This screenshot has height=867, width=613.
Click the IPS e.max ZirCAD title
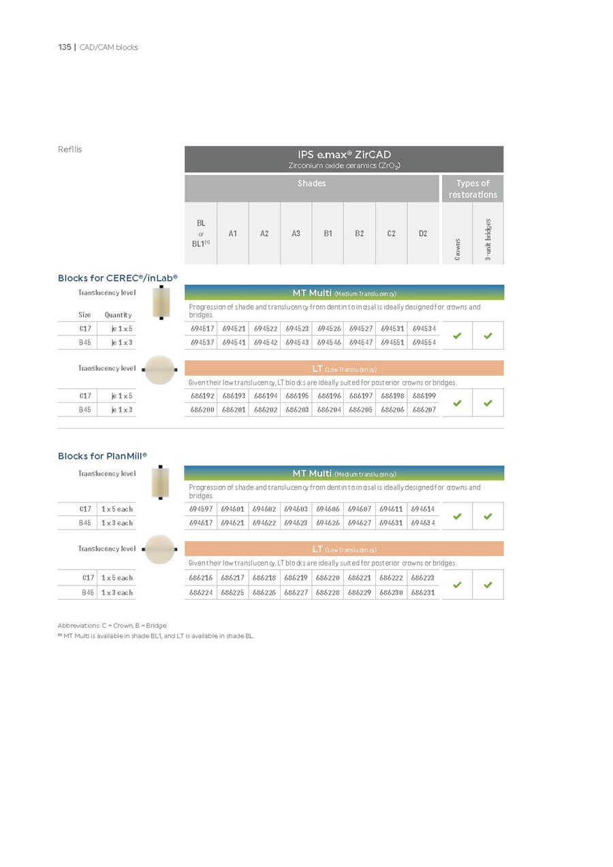point(344,155)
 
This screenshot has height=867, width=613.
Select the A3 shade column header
point(296,233)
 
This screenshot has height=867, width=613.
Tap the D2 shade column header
point(423,233)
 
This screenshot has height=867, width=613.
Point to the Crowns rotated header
point(457,249)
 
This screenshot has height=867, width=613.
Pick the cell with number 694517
point(201,329)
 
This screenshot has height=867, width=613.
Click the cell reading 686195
point(296,395)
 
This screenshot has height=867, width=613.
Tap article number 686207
point(423,410)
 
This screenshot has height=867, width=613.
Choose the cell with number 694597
point(201,509)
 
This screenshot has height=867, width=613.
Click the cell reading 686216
point(201,577)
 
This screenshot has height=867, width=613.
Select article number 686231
point(423,592)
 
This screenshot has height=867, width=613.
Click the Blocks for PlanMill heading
point(102,456)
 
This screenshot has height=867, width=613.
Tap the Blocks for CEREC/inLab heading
point(117,278)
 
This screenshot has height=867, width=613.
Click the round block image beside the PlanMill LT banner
point(160,549)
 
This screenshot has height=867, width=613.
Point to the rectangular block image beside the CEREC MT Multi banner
point(161,302)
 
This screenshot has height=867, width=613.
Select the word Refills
point(69,149)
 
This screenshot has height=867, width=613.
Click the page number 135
point(64,47)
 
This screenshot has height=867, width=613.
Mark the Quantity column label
point(118,315)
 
